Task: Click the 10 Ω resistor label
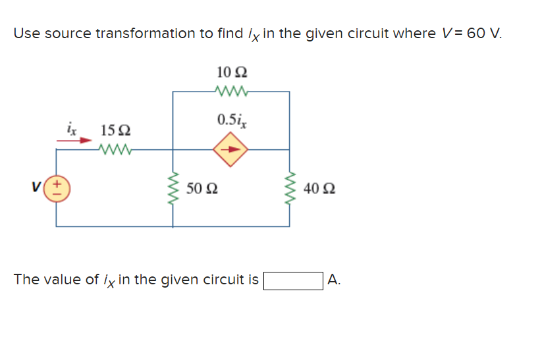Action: pos(230,72)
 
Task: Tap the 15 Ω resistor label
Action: pos(115,130)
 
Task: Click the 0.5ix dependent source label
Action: pos(230,120)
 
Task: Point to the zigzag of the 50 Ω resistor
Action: pos(174,189)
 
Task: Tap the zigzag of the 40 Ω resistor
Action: pos(290,189)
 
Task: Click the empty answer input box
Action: pos(293,280)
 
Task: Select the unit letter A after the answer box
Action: pos(334,280)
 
